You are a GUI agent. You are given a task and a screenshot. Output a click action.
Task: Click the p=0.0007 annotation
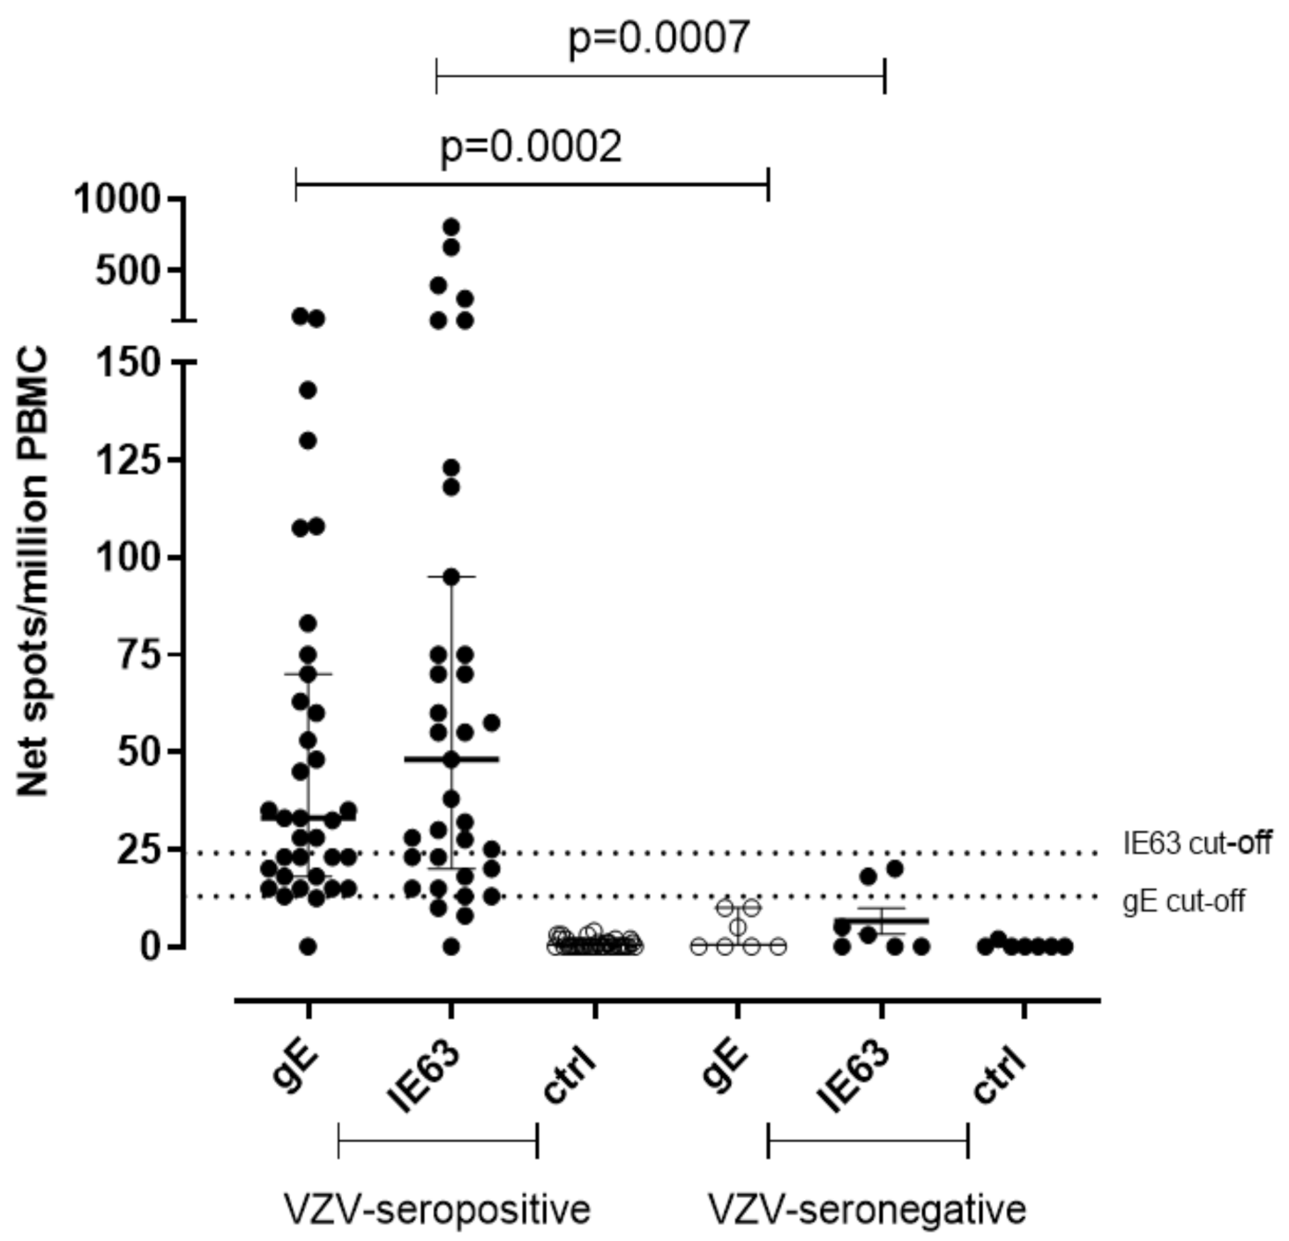(659, 37)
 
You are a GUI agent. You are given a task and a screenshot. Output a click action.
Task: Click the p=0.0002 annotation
(531, 146)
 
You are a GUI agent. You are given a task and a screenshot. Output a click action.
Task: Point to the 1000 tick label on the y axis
(116, 199)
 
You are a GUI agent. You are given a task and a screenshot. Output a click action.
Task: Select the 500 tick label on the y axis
(130, 270)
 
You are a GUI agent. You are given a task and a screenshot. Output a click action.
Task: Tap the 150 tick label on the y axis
(130, 362)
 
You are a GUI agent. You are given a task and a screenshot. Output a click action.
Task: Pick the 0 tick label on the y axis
(152, 947)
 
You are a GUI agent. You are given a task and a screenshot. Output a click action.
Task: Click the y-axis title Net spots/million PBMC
(34, 573)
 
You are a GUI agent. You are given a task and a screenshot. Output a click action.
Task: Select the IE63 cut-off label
(1196, 843)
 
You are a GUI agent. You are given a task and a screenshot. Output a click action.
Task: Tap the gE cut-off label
(1183, 901)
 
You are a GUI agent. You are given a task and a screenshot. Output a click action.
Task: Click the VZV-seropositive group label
(437, 1208)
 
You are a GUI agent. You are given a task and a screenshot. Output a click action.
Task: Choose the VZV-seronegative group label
(868, 1208)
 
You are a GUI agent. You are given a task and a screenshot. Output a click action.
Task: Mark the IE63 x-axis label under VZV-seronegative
(852, 1077)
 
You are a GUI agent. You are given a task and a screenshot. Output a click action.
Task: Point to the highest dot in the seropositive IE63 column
(451, 227)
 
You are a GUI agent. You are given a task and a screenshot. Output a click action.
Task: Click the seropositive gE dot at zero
(308, 947)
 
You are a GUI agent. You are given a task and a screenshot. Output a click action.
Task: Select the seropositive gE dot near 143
(308, 390)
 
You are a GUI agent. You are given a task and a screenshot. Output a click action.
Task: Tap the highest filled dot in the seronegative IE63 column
(895, 868)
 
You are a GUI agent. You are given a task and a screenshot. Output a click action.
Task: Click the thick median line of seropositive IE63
(476, 759)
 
